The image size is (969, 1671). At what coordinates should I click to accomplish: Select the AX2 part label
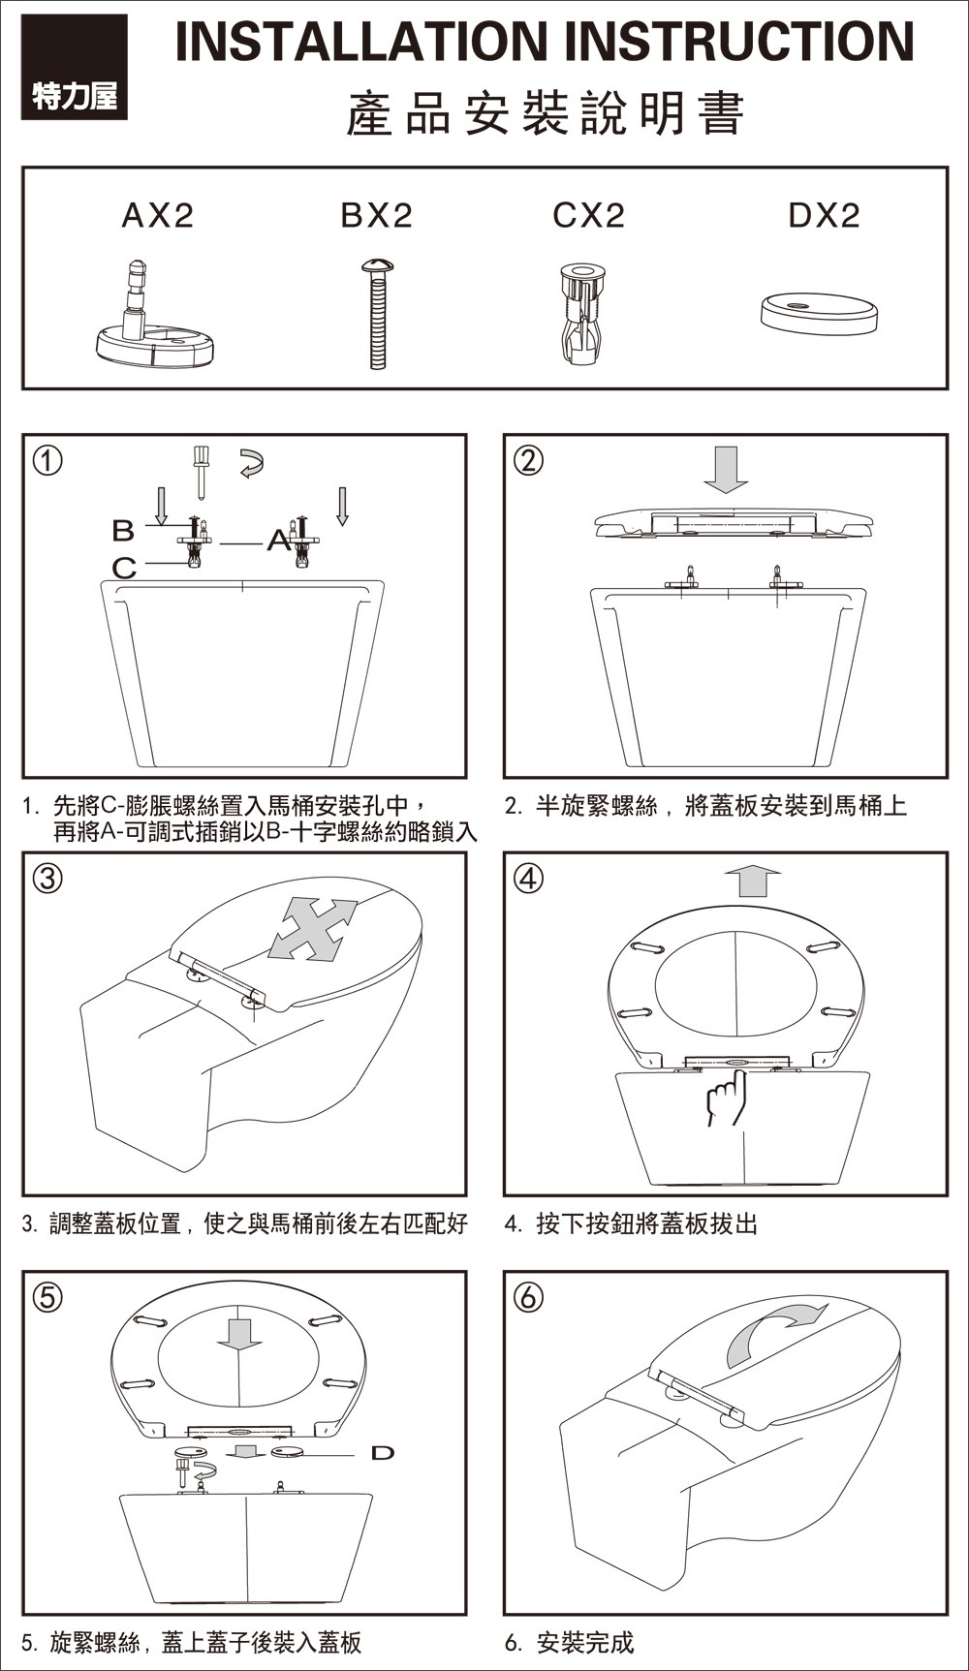(158, 215)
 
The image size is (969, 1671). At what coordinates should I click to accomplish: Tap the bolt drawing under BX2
(377, 312)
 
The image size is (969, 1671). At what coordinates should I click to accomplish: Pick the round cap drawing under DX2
(819, 314)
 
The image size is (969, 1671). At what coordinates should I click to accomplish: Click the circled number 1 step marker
(48, 460)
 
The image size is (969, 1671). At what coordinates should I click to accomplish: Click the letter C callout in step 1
(124, 568)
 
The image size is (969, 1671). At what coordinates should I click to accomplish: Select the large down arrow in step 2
(725, 469)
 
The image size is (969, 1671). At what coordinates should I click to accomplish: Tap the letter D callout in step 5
(383, 1452)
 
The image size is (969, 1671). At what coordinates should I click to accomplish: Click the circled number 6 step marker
(528, 1296)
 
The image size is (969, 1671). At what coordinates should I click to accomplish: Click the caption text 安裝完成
(584, 1642)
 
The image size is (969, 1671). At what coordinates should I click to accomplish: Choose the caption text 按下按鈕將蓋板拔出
(646, 1223)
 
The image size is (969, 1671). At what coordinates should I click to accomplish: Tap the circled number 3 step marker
(48, 878)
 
